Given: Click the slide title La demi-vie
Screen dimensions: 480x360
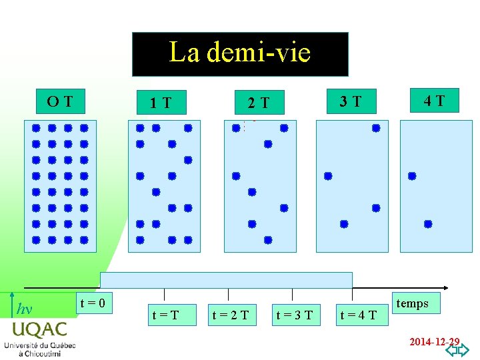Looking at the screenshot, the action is [x=240, y=53].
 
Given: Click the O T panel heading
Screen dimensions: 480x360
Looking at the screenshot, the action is [x=60, y=101].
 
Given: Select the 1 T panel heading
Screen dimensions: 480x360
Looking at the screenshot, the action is [x=161, y=103].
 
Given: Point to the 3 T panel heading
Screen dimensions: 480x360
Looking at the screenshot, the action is [x=351, y=101].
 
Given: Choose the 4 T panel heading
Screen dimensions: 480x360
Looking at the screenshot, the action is [x=434, y=101].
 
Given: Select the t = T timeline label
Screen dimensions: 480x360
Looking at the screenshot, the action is [x=165, y=314].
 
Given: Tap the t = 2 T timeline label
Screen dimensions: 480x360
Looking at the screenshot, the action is [x=231, y=314].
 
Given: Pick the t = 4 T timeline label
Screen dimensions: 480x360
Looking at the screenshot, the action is [x=359, y=314].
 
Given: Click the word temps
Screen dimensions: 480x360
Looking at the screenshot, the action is [x=413, y=303].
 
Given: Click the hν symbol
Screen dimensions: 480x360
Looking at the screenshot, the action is [x=24, y=309].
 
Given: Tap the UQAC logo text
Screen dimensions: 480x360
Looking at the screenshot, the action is [x=39, y=330].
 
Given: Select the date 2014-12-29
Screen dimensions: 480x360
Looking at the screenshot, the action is [x=434, y=341].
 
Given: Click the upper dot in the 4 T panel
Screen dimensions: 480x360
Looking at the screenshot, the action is [x=412, y=176].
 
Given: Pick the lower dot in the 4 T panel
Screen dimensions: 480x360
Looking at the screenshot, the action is [x=428, y=224].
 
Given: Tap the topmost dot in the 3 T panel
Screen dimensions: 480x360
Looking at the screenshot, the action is [x=376, y=128].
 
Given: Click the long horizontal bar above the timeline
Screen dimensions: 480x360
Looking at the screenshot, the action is [x=226, y=280].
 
